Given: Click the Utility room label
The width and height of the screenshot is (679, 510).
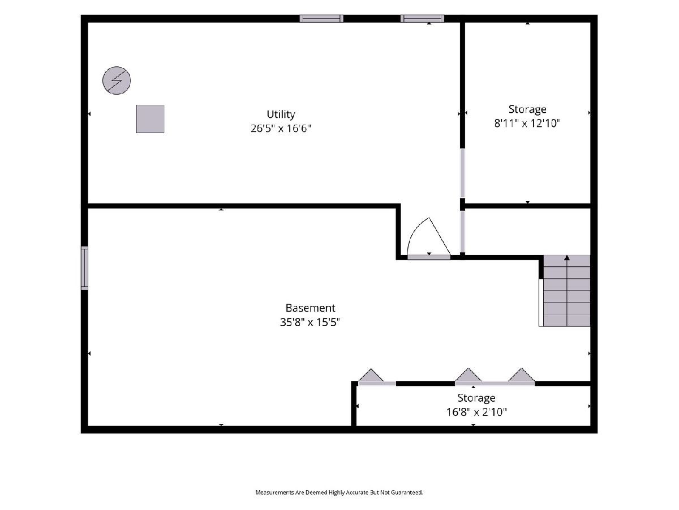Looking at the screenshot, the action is [281, 114].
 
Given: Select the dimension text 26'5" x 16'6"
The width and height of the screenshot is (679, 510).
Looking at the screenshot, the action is [281, 128].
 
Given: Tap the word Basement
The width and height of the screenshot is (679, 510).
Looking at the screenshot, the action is [310, 308].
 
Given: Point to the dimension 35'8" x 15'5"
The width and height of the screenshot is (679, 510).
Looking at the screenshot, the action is [310, 322].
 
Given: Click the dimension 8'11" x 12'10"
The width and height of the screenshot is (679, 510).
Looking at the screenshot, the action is [527, 123].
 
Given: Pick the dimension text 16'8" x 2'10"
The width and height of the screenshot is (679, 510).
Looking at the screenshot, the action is [476, 412].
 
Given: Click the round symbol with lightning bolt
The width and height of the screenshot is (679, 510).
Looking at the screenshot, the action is [117, 80].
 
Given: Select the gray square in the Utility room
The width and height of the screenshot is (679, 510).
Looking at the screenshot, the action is [150, 119].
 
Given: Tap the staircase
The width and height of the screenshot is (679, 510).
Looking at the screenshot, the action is [565, 291].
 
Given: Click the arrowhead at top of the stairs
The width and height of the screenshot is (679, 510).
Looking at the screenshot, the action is [567, 258].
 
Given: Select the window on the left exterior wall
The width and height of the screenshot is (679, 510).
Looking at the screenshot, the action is [84, 268].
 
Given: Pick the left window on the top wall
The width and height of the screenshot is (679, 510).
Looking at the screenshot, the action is [321, 19].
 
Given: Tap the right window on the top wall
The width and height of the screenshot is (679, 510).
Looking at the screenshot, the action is [422, 19].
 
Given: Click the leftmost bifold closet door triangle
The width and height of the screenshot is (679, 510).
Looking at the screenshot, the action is [371, 376].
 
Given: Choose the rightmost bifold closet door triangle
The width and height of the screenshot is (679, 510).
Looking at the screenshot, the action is [522, 375].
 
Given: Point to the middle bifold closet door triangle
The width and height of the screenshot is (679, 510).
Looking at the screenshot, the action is [469, 375].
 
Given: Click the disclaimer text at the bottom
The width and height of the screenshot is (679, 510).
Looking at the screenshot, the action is [339, 492].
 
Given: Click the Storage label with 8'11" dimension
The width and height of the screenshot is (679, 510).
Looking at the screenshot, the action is [527, 109].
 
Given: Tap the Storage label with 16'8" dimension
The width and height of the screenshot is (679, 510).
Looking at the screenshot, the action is [476, 398].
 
